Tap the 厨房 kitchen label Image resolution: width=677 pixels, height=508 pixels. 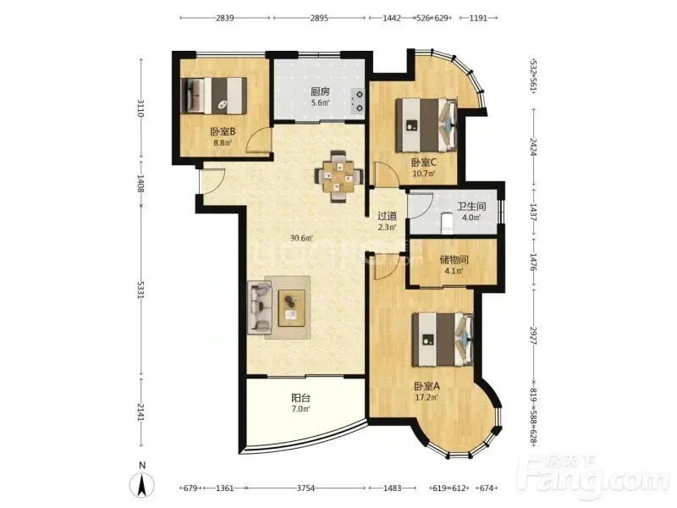click(x=321, y=91)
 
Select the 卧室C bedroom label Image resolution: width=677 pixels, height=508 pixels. click(x=424, y=163)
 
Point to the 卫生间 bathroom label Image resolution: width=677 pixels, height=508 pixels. click(x=471, y=206)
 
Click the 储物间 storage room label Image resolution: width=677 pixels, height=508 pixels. click(x=454, y=260)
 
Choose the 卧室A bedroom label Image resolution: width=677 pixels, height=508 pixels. click(x=427, y=386)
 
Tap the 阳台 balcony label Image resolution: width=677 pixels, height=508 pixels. click(x=301, y=397)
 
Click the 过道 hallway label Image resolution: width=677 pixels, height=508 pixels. click(x=387, y=216)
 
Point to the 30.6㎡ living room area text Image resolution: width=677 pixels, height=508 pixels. click(x=301, y=238)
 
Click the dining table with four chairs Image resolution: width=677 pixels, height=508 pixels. click(x=338, y=176)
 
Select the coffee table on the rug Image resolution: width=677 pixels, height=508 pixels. click(x=292, y=308)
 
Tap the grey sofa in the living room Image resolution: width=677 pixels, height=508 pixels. click(x=260, y=306)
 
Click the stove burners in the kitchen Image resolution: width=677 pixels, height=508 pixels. click(x=358, y=100)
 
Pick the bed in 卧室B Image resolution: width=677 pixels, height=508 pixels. click(x=214, y=96)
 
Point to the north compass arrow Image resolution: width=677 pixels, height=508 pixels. click(x=142, y=484)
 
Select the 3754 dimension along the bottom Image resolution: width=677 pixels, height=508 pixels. click(x=305, y=489)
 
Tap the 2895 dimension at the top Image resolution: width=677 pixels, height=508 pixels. click(x=319, y=18)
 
